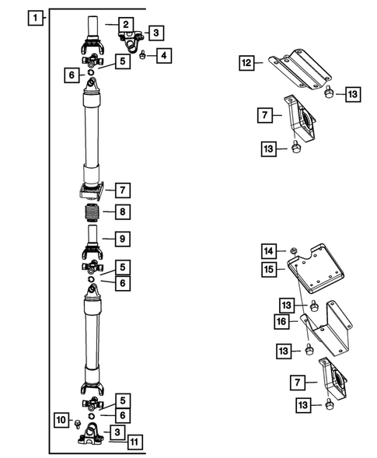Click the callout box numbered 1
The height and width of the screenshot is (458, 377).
click(x=35, y=18)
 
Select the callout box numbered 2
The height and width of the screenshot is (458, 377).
click(x=126, y=25)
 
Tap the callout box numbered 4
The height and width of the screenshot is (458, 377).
click(x=164, y=55)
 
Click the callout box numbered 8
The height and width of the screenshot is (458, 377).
click(x=122, y=212)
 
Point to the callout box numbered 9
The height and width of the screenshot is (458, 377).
click(x=122, y=239)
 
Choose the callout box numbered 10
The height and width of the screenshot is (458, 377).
click(x=61, y=420)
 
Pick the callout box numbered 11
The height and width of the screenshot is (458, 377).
click(x=134, y=442)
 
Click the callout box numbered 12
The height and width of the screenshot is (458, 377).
click(x=246, y=63)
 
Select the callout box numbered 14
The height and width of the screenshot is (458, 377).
click(x=269, y=251)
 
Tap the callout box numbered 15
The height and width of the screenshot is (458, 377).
click(x=269, y=269)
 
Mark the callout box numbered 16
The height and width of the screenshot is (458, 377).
click(x=282, y=322)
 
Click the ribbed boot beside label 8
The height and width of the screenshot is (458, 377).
click(x=91, y=212)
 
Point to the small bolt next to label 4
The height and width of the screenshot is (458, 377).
click(x=142, y=54)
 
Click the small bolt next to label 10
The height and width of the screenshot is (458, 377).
click(x=78, y=424)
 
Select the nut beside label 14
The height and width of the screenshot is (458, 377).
click(x=293, y=250)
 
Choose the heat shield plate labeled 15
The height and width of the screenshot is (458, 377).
click(x=316, y=269)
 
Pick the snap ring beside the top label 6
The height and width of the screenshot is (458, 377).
click(x=91, y=72)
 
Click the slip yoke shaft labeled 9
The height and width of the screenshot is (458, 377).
click(x=93, y=241)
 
